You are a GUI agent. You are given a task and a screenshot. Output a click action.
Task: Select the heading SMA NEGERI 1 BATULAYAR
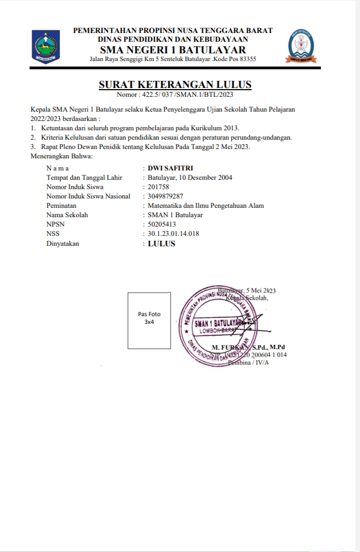click(173, 49)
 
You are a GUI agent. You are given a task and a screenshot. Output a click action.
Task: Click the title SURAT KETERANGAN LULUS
click(175, 85)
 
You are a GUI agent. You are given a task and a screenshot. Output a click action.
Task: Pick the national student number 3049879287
click(166, 196)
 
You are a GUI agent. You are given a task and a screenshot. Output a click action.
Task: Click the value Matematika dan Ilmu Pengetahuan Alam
click(206, 206)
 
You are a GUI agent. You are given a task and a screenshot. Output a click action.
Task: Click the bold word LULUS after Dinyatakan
click(162, 244)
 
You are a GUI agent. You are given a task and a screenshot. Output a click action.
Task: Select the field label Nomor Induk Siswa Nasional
click(88, 196)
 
